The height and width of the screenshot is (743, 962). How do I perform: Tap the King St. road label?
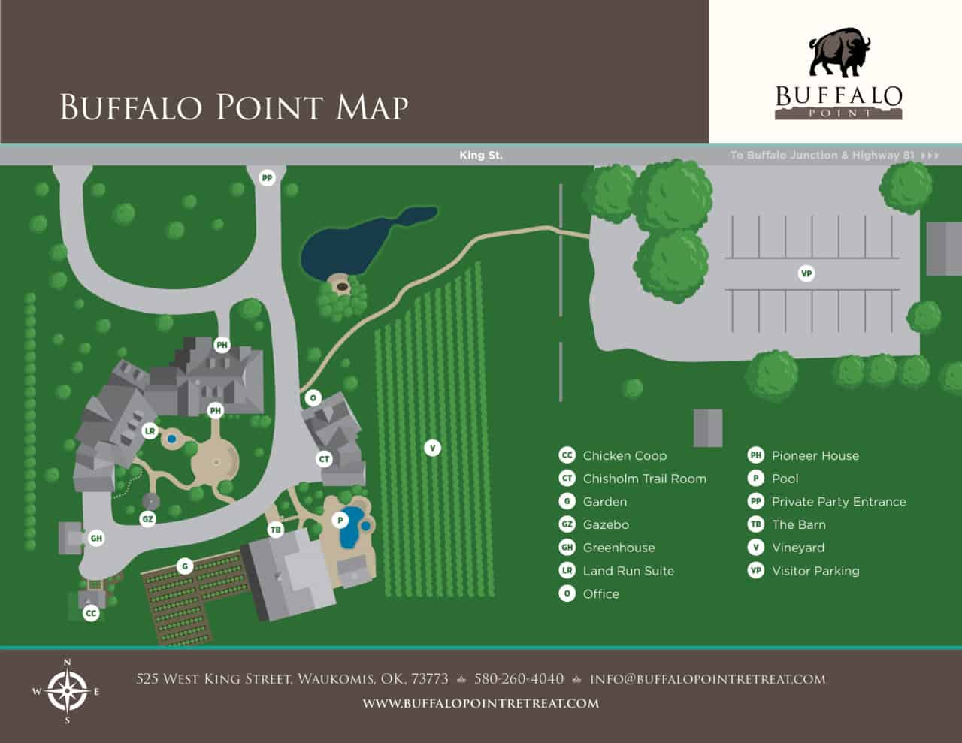(x=481, y=156)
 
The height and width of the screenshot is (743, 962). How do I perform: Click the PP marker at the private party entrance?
(x=267, y=178)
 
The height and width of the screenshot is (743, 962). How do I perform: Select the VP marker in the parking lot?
(x=806, y=273)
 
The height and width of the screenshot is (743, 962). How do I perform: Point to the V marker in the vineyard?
(x=432, y=448)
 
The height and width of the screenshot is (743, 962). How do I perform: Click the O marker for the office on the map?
(x=313, y=397)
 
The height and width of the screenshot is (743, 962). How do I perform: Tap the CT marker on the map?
(x=324, y=458)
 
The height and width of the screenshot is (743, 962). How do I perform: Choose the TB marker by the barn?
(x=276, y=530)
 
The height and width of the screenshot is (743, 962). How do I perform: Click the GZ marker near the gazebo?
(x=148, y=518)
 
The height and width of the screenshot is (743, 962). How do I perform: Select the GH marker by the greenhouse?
(x=96, y=538)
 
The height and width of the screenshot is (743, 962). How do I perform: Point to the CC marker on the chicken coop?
(x=91, y=613)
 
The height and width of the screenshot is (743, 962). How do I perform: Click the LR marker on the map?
(x=150, y=431)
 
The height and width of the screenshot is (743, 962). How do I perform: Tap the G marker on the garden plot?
(x=185, y=566)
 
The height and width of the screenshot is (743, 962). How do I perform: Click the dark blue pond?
(x=353, y=245)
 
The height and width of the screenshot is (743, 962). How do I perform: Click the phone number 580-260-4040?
(x=519, y=679)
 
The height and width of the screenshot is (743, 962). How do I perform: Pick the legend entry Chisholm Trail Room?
(x=644, y=479)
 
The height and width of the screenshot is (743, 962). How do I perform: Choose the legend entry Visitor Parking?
(x=815, y=571)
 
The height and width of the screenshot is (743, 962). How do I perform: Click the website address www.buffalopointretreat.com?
(x=481, y=704)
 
